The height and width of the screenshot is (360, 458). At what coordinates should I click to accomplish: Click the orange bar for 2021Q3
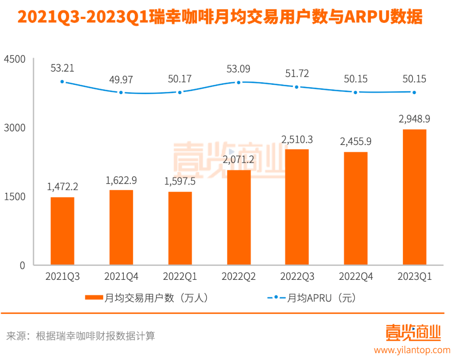click(x=62, y=231)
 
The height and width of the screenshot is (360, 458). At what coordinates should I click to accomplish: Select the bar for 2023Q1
click(x=414, y=197)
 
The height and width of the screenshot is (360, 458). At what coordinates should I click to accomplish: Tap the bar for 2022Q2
click(x=238, y=217)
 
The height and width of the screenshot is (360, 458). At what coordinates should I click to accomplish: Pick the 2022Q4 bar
click(x=355, y=208)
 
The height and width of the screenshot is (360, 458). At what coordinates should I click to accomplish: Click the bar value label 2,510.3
click(x=297, y=140)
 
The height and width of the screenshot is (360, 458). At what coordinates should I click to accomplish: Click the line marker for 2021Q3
click(x=62, y=81)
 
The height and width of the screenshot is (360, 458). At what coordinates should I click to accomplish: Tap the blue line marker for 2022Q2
click(x=238, y=82)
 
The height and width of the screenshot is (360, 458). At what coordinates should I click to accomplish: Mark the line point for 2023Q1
click(x=414, y=92)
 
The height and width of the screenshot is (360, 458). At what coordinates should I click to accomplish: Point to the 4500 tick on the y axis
click(x=15, y=59)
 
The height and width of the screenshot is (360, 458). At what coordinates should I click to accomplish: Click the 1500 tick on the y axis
click(x=15, y=196)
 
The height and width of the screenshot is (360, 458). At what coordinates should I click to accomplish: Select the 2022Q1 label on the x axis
click(x=180, y=277)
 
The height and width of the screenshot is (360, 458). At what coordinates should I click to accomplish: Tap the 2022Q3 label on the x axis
click(x=297, y=277)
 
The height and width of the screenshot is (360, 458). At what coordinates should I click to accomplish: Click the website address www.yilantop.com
click(x=412, y=350)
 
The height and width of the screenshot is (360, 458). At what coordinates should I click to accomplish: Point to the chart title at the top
click(x=220, y=17)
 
